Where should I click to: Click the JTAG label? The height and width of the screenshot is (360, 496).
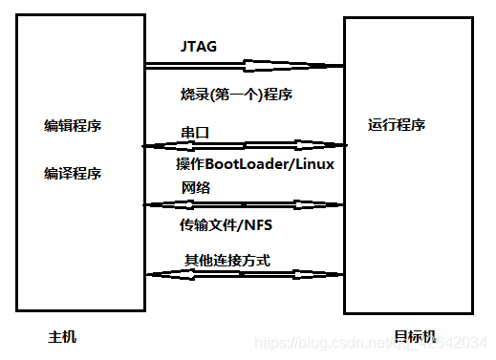[x=199, y=45]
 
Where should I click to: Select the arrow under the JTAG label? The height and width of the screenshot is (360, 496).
[x=244, y=66]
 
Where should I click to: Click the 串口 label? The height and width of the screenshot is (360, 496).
[x=193, y=130]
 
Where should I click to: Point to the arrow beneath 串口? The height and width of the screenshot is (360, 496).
[x=244, y=146]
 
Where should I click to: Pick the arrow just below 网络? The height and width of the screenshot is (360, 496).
[x=244, y=204]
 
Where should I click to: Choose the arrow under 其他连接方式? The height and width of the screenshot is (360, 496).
[x=244, y=274]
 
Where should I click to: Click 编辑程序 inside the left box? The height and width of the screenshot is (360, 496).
[x=73, y=126]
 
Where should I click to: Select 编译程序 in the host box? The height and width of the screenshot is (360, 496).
[x=73, y=174]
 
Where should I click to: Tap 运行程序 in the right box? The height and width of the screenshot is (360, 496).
[x=397, y=125]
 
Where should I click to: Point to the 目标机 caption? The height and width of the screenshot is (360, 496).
[x=414, y=337]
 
